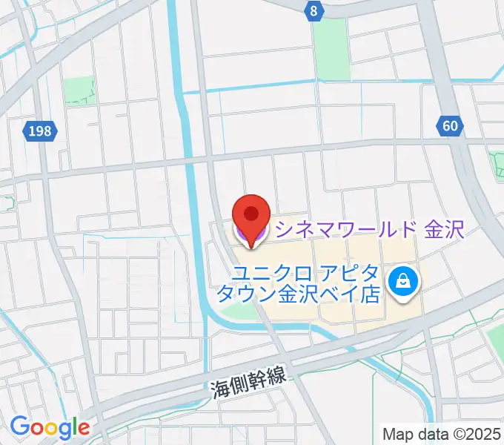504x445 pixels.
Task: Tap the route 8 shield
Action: pyautogui.click(x=315, y=10)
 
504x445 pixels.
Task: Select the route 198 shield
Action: pyautogui.click(x=40, y=131)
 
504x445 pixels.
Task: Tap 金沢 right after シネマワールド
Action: pyautogui.click(x=444, y=229)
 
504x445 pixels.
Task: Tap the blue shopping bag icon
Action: pyautogui.click(x=404, y=281)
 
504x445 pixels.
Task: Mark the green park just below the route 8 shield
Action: pyautogui.click(x=331, y=49)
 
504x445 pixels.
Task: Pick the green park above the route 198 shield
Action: pyautogui.click(x=79, y=90)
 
